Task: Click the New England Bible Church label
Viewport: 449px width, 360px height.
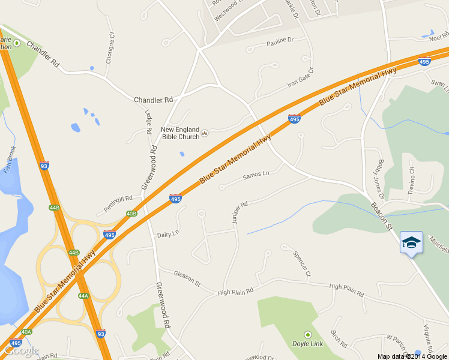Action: [180, 133]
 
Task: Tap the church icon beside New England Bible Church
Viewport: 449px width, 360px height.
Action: [205, 133]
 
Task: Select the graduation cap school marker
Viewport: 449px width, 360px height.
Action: [411, 242]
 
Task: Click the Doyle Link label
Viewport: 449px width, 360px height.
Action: [307, 344]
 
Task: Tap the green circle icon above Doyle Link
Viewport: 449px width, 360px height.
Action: [307, 334]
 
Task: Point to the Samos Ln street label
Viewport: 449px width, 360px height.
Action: [256, 175]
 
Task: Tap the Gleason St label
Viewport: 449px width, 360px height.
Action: [187, 278]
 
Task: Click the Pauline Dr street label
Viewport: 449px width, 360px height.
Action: [279, 41]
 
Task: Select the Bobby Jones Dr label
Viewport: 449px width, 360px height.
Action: [378, 179]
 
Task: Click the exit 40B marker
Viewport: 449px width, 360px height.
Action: [131, 213]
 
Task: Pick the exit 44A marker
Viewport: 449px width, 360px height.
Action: [83, 295]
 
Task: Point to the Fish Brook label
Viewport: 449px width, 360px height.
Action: [9, 160]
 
